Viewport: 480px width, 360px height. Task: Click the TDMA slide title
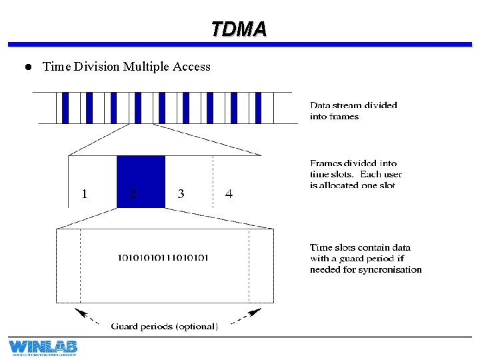point(239,29)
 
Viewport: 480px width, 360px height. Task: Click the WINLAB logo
point(43,347)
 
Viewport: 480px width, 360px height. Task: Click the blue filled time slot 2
point(141,181)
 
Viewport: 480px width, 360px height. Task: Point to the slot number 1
point(84,194)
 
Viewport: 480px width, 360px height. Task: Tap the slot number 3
point(181,194)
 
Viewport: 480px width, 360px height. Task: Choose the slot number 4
point(229,194)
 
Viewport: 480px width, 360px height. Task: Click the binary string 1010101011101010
point(163,257)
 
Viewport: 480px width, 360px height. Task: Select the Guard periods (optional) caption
point(164,326)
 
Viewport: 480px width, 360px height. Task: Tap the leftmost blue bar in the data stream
point(65,107)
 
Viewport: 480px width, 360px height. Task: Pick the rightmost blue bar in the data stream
point(259,107)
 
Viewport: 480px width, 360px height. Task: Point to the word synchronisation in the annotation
point(390,270)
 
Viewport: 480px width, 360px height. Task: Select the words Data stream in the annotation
point(336,105)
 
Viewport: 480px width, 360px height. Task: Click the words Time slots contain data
point(360,247)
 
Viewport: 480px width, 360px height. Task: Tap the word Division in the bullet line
point(95,67)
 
